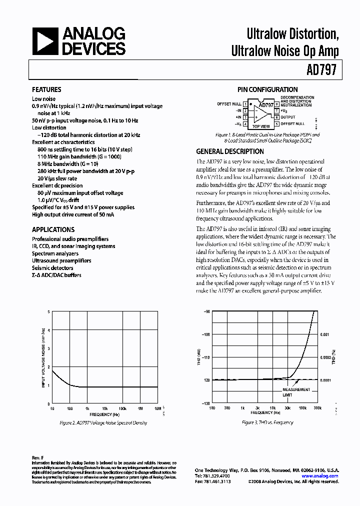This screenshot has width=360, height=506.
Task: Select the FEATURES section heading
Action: (x=46, y=89)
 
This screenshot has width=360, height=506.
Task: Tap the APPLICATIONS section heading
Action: (x=53, y=229)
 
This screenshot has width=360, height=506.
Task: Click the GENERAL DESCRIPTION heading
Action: (x=230, y=151)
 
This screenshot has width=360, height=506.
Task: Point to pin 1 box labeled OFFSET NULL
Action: (x=245, y=104)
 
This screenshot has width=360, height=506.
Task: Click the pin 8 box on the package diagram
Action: (x=276, y=104)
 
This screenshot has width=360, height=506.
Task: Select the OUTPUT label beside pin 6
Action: (x=288, y=116)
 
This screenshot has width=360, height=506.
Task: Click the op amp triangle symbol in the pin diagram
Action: (x=260, y=113)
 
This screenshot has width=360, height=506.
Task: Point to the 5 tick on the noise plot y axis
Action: (x=49, y=311)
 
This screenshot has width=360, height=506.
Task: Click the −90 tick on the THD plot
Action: (x=206, y=311)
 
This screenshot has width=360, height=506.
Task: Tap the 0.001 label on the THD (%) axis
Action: (x=325, y=334)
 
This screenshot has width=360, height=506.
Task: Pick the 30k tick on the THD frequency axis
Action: (x=287, y=408)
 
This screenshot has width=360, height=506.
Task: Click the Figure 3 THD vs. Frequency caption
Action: (x=267, y=422)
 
